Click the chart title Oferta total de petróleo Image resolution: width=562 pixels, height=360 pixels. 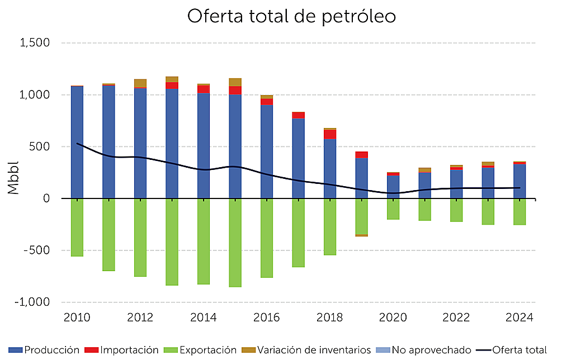291,17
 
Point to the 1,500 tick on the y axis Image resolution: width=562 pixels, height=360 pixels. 35,43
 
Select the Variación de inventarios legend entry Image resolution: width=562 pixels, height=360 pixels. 306,350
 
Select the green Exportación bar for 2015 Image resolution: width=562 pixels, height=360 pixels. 235,243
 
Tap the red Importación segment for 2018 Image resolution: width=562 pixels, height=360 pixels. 330,134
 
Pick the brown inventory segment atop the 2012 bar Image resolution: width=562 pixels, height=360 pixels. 140,83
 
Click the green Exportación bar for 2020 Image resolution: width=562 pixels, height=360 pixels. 393,209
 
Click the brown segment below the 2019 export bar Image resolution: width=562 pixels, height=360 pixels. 362,235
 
